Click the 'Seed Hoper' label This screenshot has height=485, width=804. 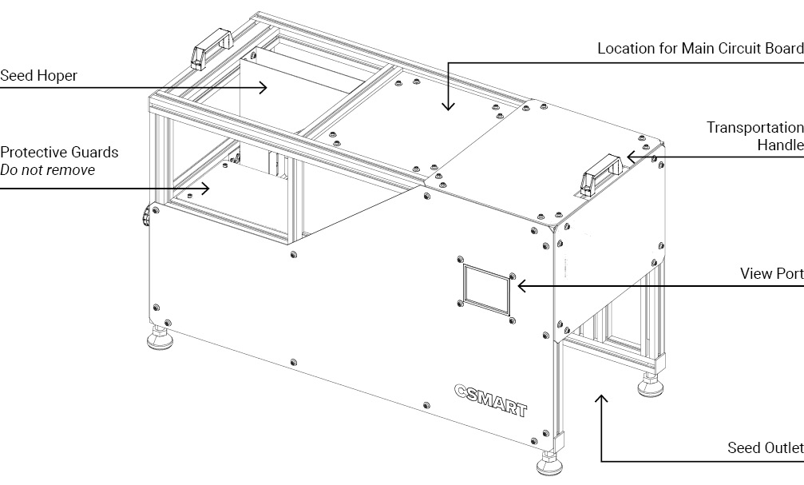[38, 77]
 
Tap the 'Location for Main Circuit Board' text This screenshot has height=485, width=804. [700, 49]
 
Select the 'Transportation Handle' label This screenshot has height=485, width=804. [754, 136]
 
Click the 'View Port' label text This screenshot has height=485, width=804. [771, 274]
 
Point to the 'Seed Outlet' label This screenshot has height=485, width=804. [765, 447]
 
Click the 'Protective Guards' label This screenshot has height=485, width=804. [59, 152]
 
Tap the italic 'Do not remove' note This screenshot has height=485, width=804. [47, 169]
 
